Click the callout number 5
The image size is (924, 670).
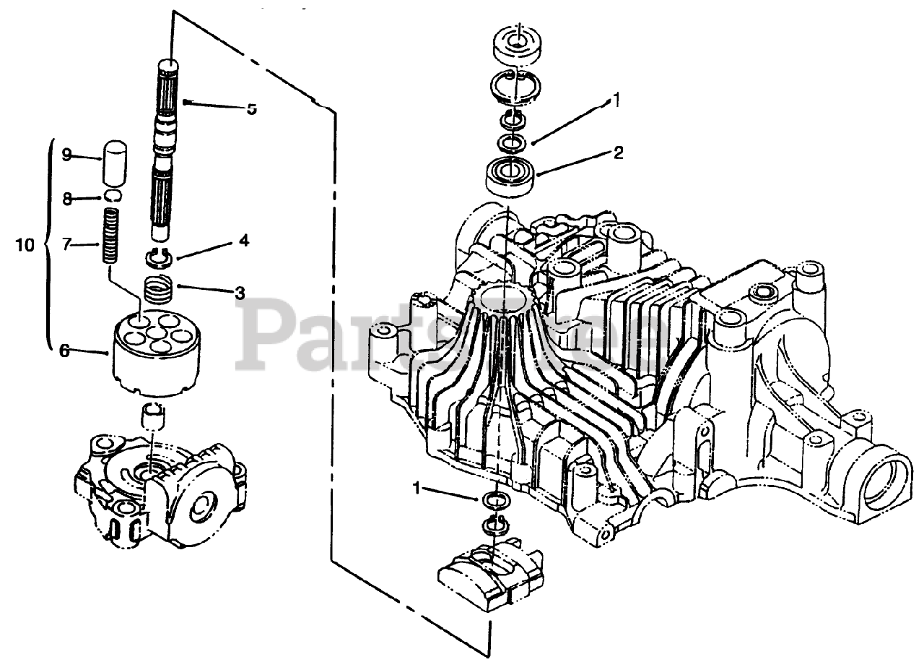(x=251, y=109)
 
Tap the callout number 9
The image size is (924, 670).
(x=67, y=154)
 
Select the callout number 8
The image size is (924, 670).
(x=67, y=199)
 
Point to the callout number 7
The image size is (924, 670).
(x=67, y=244)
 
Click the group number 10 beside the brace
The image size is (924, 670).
(x=25, y=245)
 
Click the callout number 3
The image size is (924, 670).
(x=239, y=293)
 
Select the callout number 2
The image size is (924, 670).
(x=618, y=153)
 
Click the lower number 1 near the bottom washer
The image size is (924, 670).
(x=416, y=488)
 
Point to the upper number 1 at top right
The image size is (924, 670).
(x=616, y=98)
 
